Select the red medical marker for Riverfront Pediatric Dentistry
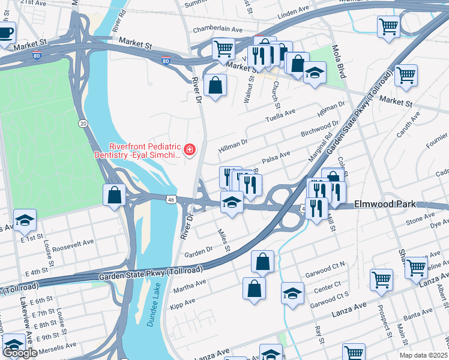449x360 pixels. [x=190, y=149]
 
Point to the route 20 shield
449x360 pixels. [x=83, y=123]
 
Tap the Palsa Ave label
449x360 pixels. [x=276, y=155]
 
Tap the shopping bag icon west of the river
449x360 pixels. [x=114, y=195]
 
